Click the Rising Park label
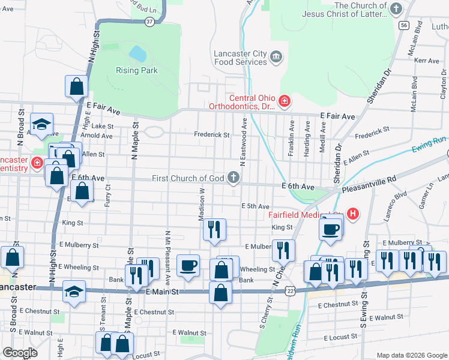(x=136, y=70)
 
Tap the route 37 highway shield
(x=149, y=22)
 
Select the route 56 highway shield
(x=403, y=25)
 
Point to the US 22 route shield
(x=291, y=290)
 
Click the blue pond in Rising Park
(x=137, y=54)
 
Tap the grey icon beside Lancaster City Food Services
(x=276, y=57)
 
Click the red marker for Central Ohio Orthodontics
(x=284, y=102)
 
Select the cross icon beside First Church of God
(x=233, y=178)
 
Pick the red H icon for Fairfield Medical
(x=353, y=213)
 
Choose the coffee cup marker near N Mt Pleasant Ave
(x=188, y=265)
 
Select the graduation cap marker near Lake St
(x=41, y=124)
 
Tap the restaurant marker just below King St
(x=214, y=229)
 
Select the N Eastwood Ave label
(x=244, y=142)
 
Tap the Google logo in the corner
(x=20, y=353)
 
